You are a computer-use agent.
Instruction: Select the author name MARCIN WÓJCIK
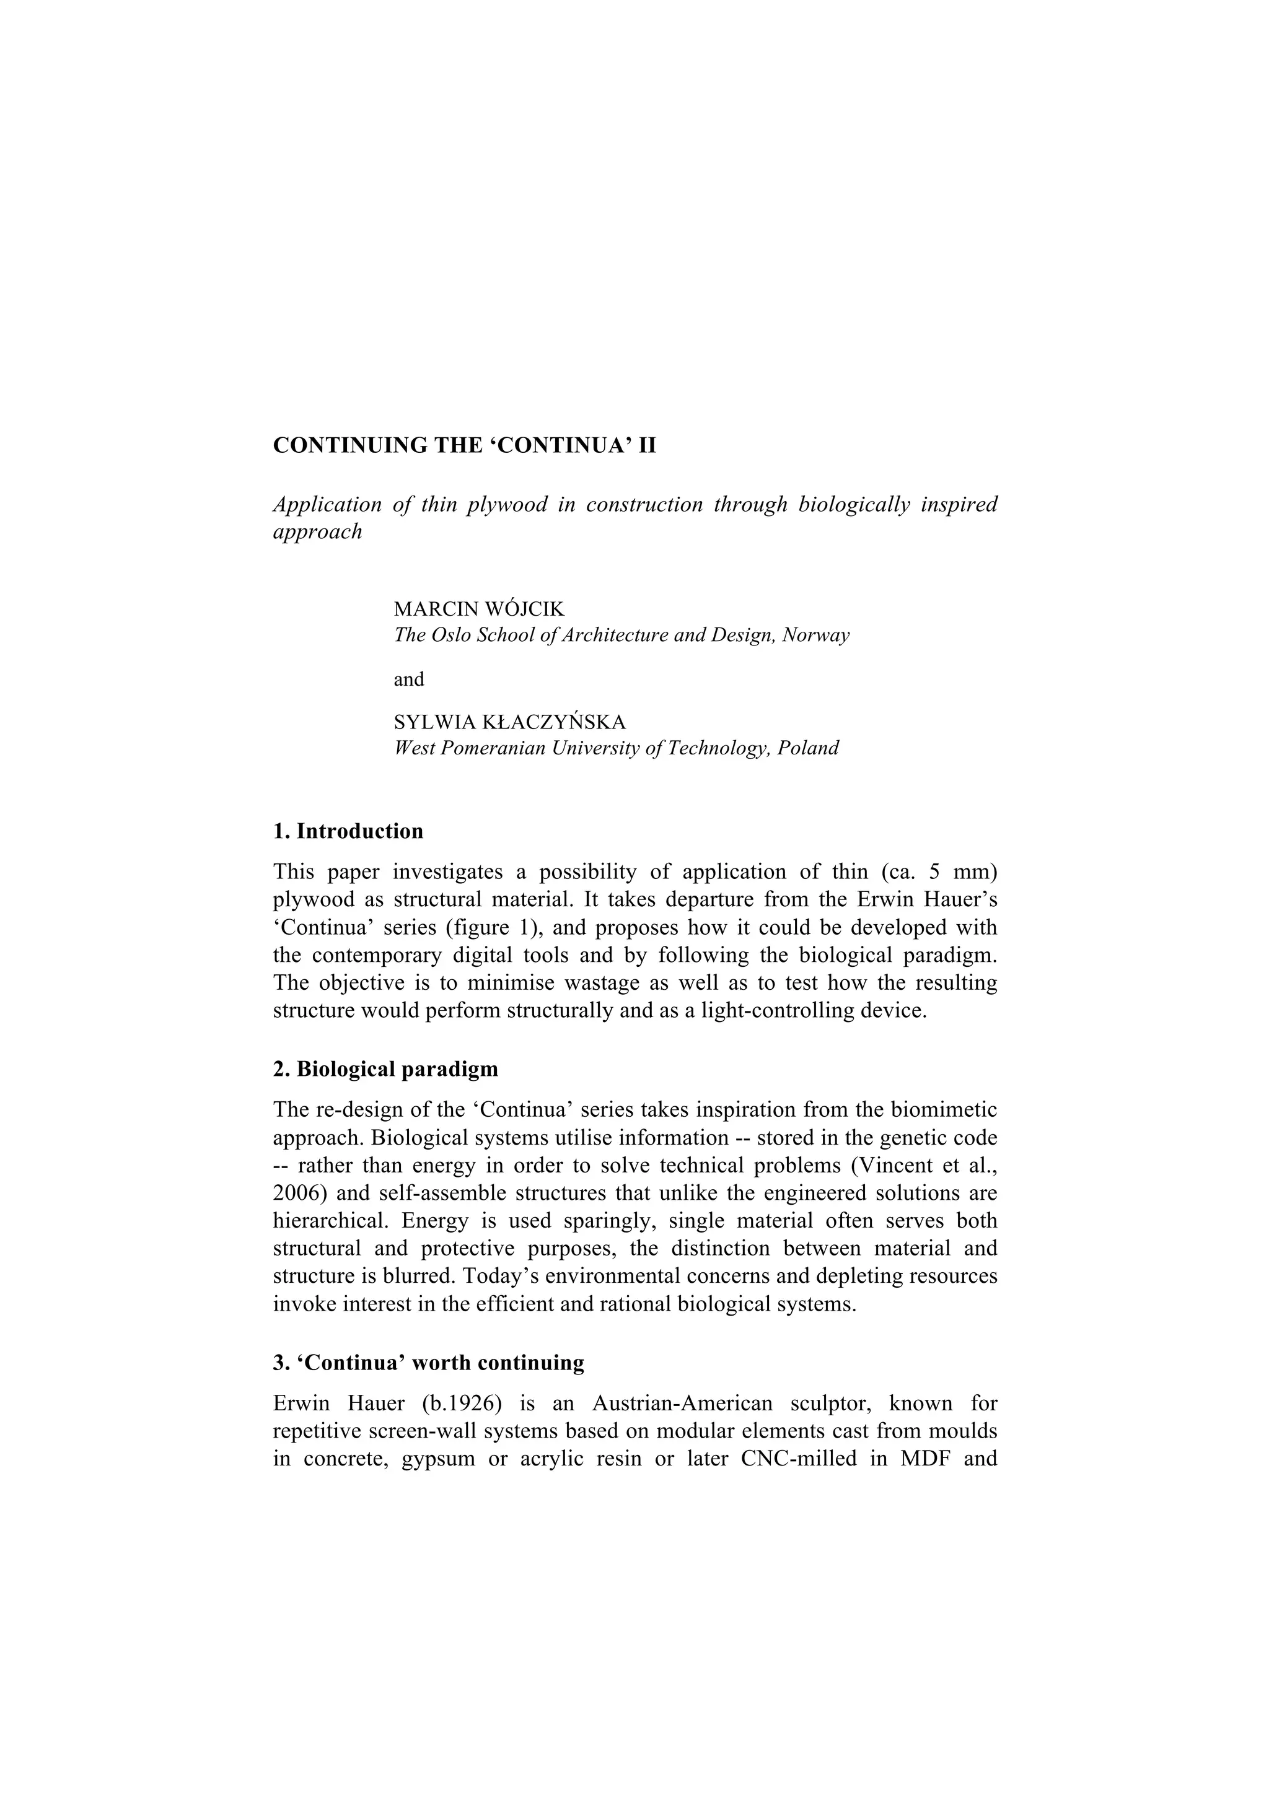tap(478, 609)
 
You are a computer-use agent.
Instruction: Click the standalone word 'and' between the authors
tap(408, 679)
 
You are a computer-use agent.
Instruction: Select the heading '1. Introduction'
tap(348, 831)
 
